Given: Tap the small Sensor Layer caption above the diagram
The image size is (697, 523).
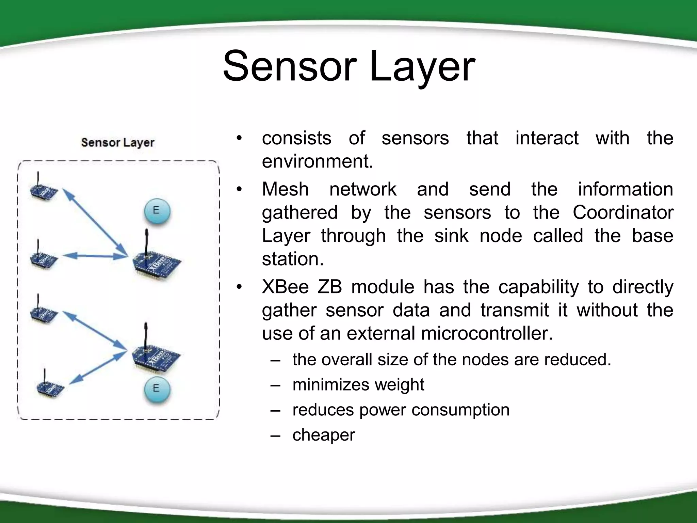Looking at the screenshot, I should point(118,142).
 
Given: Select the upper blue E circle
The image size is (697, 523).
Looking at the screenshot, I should point(156,211).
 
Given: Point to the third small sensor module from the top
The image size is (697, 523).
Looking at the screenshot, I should point(44,313).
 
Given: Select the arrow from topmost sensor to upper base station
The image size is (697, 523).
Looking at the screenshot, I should point(95,223).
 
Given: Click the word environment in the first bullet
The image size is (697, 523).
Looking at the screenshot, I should point(317,161).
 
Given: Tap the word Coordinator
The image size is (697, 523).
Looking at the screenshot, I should point(623,213).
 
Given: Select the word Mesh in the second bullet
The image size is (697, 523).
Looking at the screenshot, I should point(285,189).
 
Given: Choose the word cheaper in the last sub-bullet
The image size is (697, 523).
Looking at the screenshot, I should point(324,435).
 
